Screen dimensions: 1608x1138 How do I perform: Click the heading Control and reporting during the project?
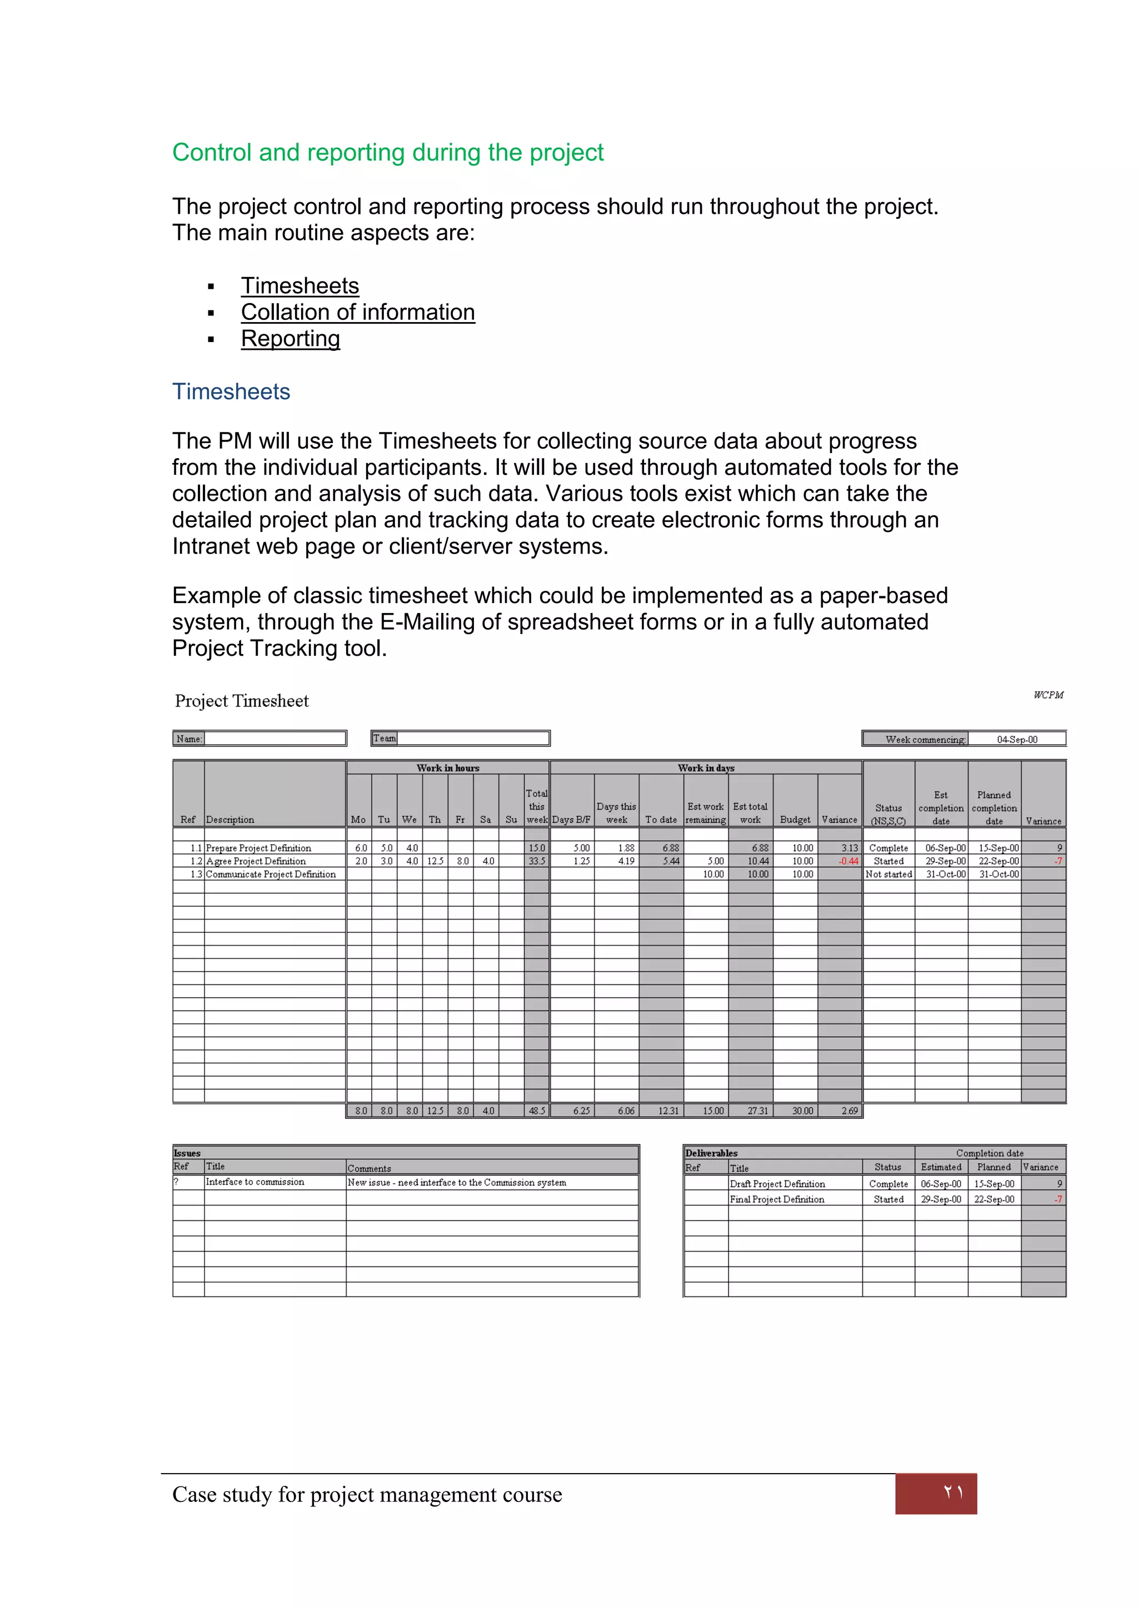pos(387,153)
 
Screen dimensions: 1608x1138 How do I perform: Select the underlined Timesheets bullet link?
pos(300,286)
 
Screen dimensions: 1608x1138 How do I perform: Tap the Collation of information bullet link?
pos(357,313)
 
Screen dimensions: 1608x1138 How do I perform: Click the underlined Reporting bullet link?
pos(290,339)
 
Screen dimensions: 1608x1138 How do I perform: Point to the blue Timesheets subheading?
pos(231,391)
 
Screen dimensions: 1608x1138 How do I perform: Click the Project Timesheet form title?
pos(241,701)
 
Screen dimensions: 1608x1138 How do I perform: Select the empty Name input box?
pos(274,738)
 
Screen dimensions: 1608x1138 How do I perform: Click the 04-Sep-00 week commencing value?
pos(1017,740)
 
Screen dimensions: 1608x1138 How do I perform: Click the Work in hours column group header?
pos(448,768)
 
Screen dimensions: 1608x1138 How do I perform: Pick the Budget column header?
pos(795,820)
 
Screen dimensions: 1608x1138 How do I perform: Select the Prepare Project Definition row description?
pos(258,848)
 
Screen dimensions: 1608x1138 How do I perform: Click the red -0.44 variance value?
pos(848,861)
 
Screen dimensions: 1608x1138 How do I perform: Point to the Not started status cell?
pos(888,874)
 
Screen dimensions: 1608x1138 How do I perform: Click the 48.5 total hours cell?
pos(537,1110)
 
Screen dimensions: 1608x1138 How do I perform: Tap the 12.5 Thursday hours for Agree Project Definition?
pos(435,861)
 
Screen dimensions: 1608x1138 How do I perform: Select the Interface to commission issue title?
pos(255,1182)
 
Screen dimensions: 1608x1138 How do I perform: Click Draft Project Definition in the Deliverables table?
pos(777,1184)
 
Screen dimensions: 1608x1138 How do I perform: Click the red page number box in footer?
pos(936,1493)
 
